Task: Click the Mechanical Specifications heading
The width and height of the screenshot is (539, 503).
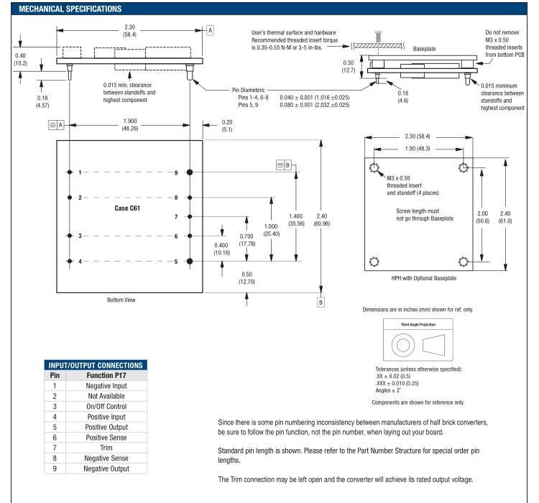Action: pyautogui.click(x=70, y=9)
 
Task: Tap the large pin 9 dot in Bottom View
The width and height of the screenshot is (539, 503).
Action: pyautogui.click(x=190, y=172)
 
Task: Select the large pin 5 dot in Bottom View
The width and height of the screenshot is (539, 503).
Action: pyautogui.click(x=190, y=262)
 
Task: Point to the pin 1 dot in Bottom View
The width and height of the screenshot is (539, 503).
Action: pyautogui.click(x=70, y=172)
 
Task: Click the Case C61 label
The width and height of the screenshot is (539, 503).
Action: pyautogui.click(x=127, y=208)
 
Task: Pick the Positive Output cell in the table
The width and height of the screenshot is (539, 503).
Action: pyautogui.click(x=106, y=427)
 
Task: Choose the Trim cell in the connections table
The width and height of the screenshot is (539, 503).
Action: pyautogui.click(x=106, y=448)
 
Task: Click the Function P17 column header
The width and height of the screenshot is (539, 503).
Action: pyautogui.click(x=106, y=375)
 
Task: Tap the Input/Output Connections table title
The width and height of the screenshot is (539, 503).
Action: pyautogui.click(x=96, y=365)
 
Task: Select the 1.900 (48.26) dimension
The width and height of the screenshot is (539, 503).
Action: pyautogui.click(x=130, y=124)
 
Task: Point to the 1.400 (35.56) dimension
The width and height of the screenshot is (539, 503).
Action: pyautogui.click(x=296, y=220)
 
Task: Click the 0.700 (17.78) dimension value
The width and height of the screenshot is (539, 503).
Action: pyautogui.click(x=247, y=240)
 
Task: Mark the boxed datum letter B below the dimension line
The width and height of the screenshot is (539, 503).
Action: pyautogui.click(x=321, y=303)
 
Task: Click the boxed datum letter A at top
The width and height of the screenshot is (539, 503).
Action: pyautogui.click(x=211, y=30)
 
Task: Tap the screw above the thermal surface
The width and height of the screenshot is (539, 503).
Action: pyautogui.click(x=379, y=37)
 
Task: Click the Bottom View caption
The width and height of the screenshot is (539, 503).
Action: pyautogui.click(x=121, y=300)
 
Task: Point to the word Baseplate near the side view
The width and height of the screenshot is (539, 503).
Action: pyautogui.click(x=424, y=49)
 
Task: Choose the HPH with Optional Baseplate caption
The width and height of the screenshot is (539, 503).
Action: pyautogui.click(x=424, y=278)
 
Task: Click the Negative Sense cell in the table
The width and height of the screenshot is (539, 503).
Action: pyautogui.click(x=106, y=458)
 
